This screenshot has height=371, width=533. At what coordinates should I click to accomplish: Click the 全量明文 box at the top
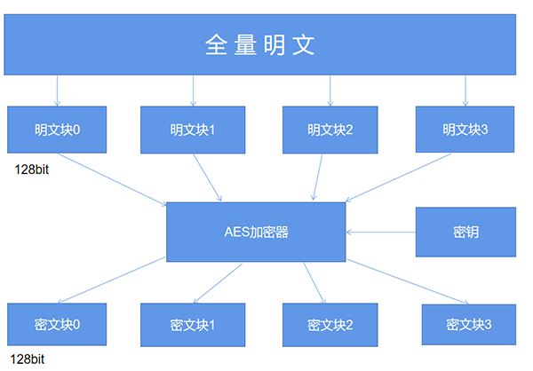pos(266,44)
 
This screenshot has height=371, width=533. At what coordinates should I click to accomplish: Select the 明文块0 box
pos(57,130)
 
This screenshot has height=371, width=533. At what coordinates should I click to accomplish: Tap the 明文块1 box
pos(193,130)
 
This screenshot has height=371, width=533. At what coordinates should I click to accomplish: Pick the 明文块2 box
pos(330,130)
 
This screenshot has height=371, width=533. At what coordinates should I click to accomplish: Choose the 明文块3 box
pos(465,130)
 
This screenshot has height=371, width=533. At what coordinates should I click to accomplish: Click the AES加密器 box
pos(256,233)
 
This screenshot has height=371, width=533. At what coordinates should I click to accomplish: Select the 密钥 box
pos(465,233)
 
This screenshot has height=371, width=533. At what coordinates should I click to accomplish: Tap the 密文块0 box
pos(57,324)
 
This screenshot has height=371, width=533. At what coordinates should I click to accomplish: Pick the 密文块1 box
pos(193,324)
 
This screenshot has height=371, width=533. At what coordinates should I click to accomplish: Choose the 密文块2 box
pos(330,324)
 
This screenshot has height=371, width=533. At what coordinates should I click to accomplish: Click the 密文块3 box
pos(468,324)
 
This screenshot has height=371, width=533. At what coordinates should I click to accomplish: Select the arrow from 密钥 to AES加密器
pos(381,233)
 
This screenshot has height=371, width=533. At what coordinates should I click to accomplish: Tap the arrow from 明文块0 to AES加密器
pos(111,178)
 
